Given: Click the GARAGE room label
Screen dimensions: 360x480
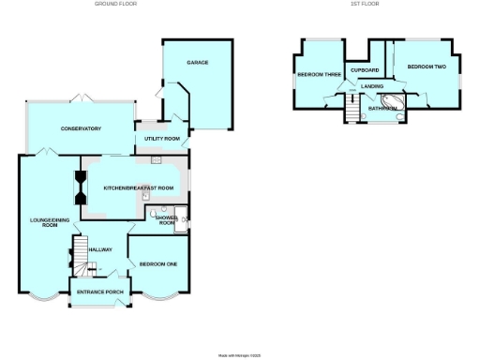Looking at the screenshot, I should [x=197, y=63].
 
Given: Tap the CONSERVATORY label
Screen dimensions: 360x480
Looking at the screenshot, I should [x=81, y=128].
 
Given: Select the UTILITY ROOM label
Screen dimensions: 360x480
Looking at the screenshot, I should [x=161, y=139].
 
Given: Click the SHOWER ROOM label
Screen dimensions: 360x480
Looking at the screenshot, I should [x=167, y=220].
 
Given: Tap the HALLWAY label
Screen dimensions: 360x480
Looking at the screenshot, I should [x=100, y=249].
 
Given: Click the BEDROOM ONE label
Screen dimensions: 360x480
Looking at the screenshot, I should [x=158, y=264].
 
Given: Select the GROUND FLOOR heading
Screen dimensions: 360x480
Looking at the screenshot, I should [x=115, y=4].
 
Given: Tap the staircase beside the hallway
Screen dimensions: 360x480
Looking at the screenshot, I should [x=80, y=266].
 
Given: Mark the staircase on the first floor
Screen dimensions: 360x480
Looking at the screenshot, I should [x=352, y=112].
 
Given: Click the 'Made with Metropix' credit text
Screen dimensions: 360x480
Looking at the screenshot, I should [x=238, y=355].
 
